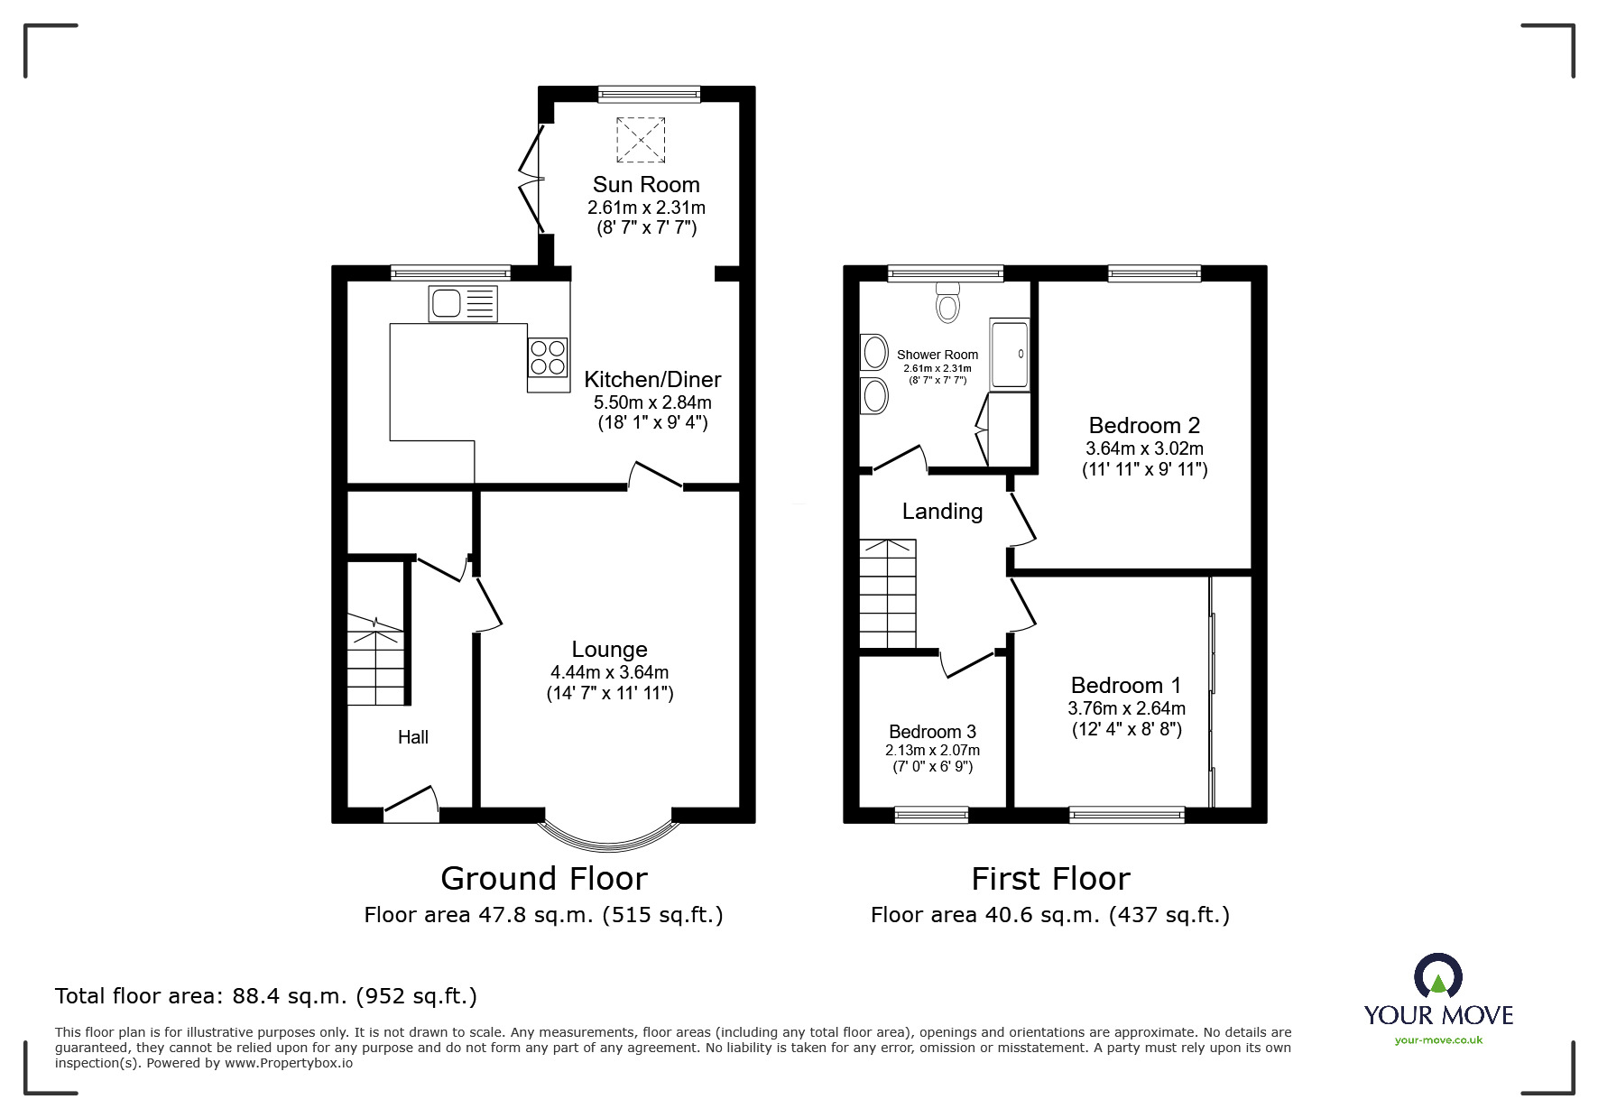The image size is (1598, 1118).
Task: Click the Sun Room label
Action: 646,185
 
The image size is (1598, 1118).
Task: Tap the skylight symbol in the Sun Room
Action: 641,140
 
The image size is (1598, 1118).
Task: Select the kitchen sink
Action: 464,304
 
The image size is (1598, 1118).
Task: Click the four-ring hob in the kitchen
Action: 549,356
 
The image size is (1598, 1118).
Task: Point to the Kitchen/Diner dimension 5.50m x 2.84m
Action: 652,402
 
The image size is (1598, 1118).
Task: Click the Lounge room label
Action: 610,650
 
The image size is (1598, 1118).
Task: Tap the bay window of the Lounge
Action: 608,836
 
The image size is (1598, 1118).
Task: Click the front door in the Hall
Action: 411,804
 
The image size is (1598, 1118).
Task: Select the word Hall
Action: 413,737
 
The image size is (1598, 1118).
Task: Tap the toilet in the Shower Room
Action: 947,302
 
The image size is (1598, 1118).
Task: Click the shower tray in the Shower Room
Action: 1009,355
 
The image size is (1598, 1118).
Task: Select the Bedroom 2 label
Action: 1144,425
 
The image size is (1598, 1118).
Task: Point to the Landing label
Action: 942,512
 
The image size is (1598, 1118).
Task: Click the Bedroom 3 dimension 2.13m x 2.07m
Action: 932,751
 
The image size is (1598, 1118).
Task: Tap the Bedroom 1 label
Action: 1125,686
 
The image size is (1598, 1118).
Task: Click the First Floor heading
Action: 1050,879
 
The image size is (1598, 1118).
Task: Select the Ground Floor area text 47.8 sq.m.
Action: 543,915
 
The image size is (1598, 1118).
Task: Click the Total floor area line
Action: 266,996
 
